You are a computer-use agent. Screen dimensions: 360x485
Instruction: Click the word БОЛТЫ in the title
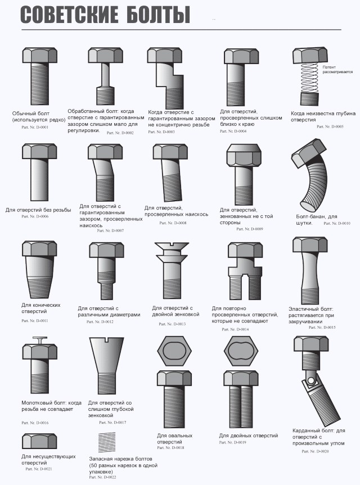tap(157, 15)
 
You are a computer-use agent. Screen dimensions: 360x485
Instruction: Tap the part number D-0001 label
tap(35, 127)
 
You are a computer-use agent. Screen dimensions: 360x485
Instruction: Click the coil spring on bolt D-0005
tap(309, 78)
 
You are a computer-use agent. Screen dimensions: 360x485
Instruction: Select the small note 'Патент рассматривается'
tap(337, 70)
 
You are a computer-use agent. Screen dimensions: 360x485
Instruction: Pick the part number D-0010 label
tap(337, 223)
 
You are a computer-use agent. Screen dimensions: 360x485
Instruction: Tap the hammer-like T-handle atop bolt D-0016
tap(40, 340)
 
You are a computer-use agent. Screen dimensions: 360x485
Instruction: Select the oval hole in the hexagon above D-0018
tap(174, 351)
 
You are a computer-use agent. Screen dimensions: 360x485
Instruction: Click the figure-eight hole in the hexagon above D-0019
tap(241, 351)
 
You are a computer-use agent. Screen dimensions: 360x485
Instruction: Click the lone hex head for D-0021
tap(39, 441)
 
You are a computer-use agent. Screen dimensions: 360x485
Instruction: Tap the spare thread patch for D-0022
tap(107, 442)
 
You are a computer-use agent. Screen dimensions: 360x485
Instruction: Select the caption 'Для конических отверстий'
tap(41, 308)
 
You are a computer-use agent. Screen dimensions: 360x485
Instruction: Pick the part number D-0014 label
tap(235, 329)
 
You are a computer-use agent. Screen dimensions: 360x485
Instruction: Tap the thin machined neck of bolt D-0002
tap(106, 75)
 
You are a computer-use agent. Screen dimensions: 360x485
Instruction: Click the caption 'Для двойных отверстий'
tap(249, 436)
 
